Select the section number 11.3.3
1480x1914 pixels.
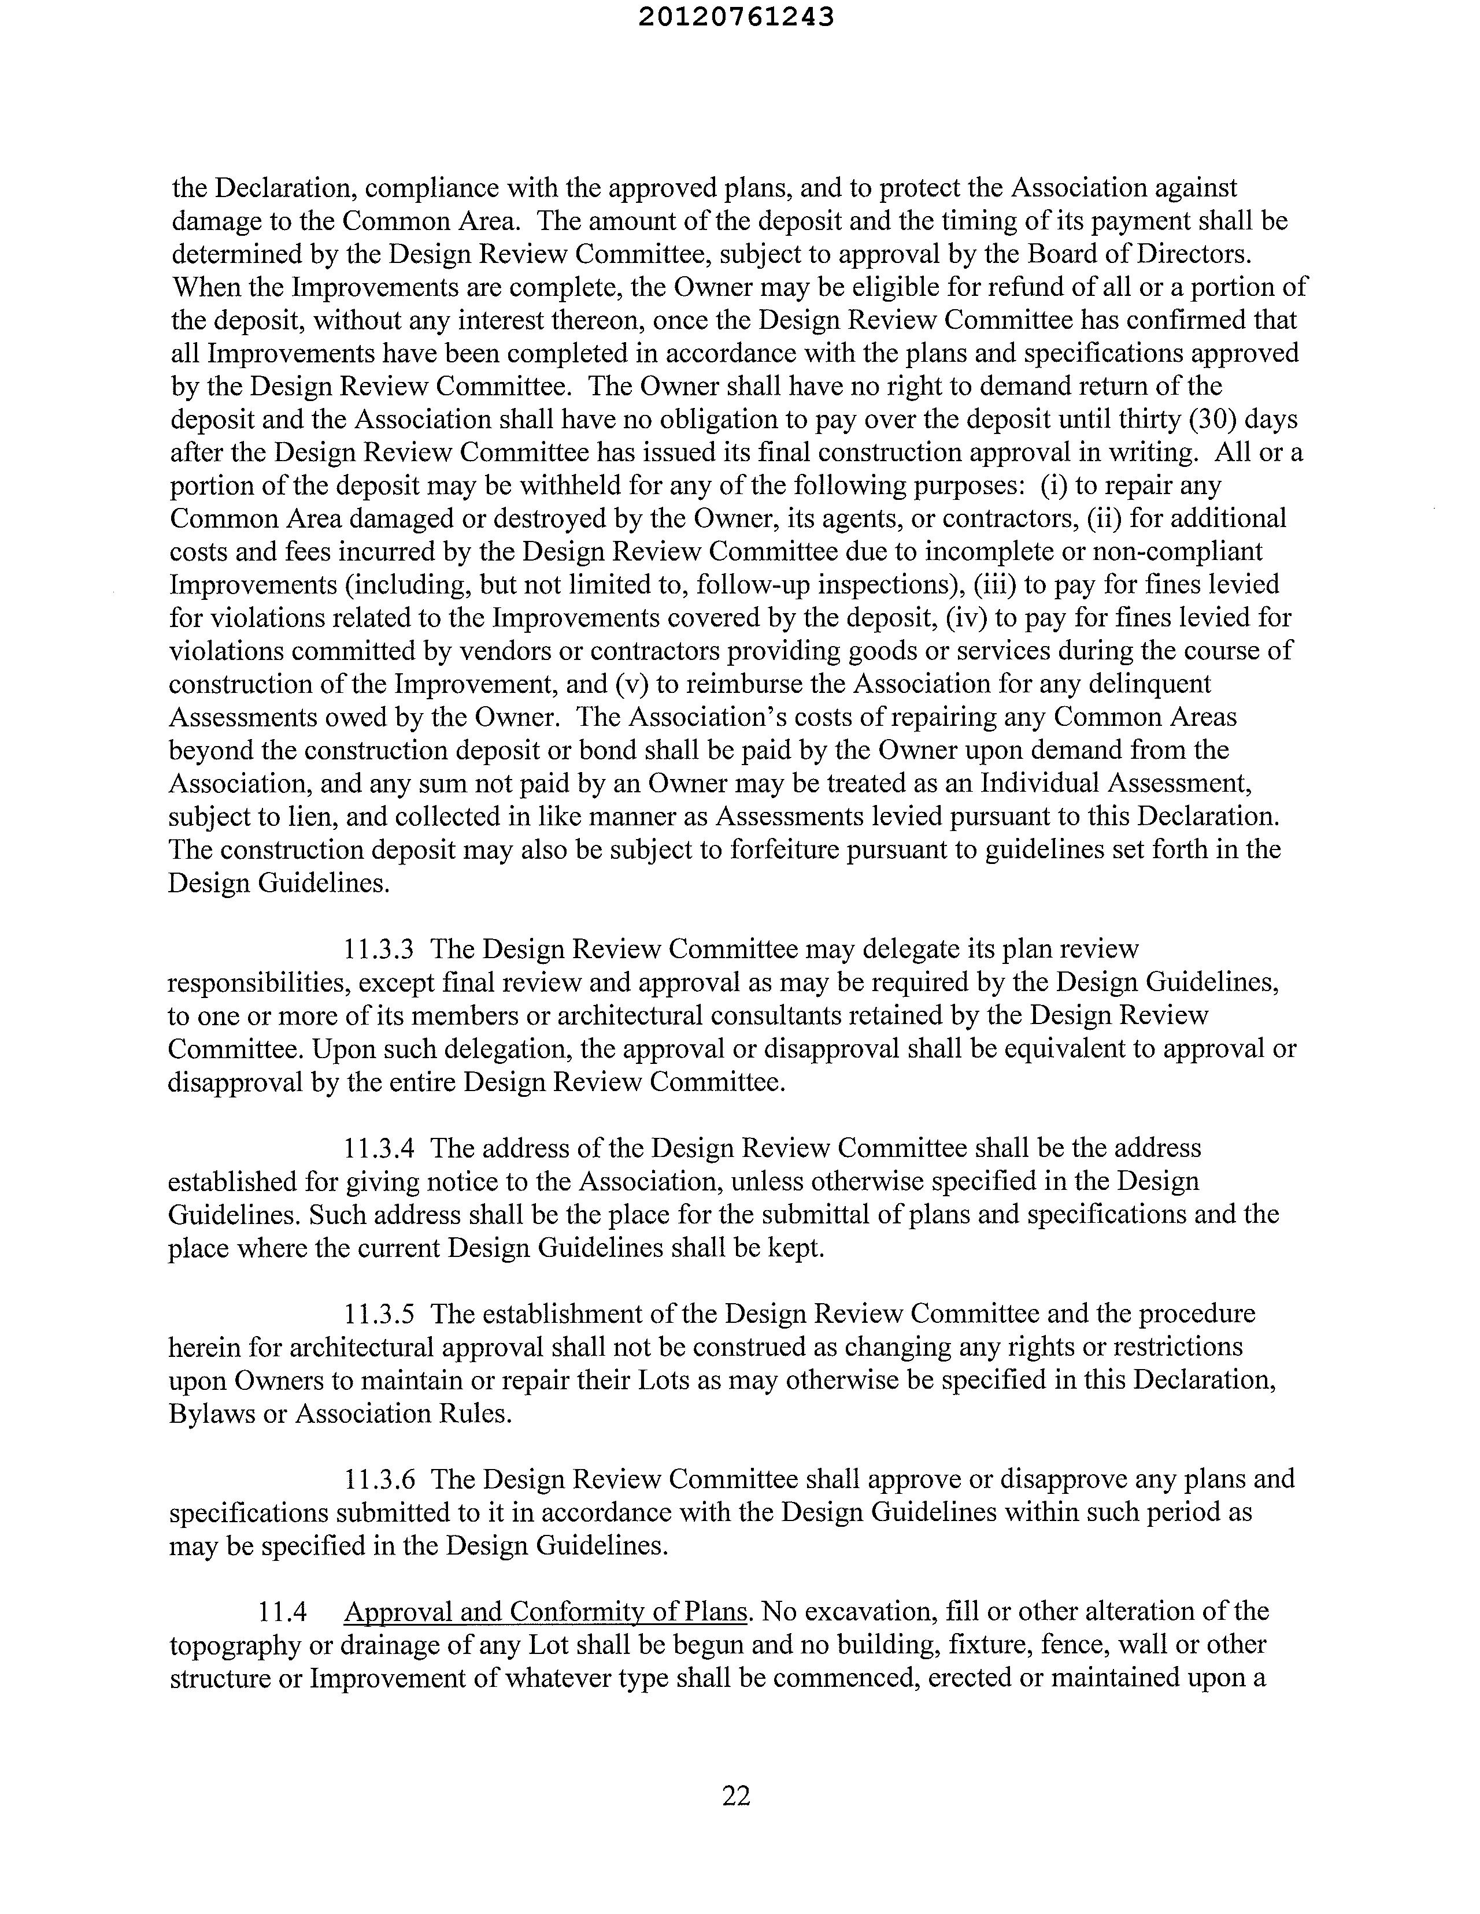point(379,949)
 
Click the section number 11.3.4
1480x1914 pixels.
point(379,1148)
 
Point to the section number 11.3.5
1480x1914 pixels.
point(379,1314)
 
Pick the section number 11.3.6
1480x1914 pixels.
point(379,1479)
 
